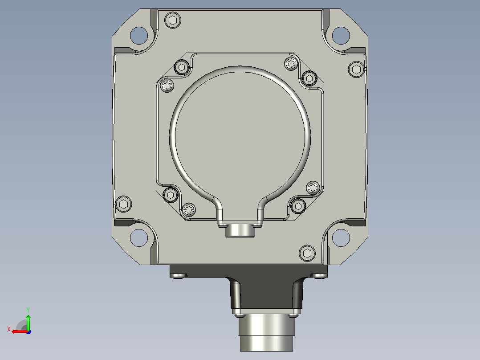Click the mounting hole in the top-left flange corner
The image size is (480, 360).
pos(139,36)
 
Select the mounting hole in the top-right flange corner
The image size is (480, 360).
pos(341,36)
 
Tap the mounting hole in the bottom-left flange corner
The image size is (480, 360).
pos(139,237)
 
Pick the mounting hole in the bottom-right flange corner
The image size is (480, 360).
pos(341,237)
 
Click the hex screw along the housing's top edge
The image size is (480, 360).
pos(173,20)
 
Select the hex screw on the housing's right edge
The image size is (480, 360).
pos(356,69)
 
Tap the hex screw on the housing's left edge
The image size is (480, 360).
pos(124,204)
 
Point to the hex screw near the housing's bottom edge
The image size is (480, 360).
pos(307,254)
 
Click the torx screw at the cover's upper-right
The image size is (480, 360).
pos(291,64)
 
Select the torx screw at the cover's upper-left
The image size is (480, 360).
pos(167,85)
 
